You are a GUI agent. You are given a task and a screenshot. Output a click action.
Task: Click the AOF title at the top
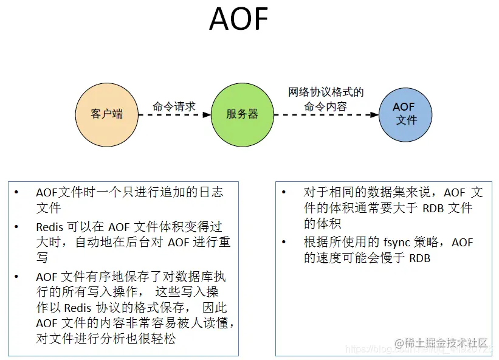238,19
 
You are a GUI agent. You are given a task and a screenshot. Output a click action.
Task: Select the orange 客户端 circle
106,114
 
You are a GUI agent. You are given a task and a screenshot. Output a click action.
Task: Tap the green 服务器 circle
242,114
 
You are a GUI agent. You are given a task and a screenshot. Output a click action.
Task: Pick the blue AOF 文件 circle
405,114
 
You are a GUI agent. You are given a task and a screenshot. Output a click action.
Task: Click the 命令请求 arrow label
174,106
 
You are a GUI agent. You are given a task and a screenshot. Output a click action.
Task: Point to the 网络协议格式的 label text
326,92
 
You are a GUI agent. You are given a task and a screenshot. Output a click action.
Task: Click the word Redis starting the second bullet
49,227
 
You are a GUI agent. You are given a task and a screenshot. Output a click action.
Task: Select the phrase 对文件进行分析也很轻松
105,339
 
